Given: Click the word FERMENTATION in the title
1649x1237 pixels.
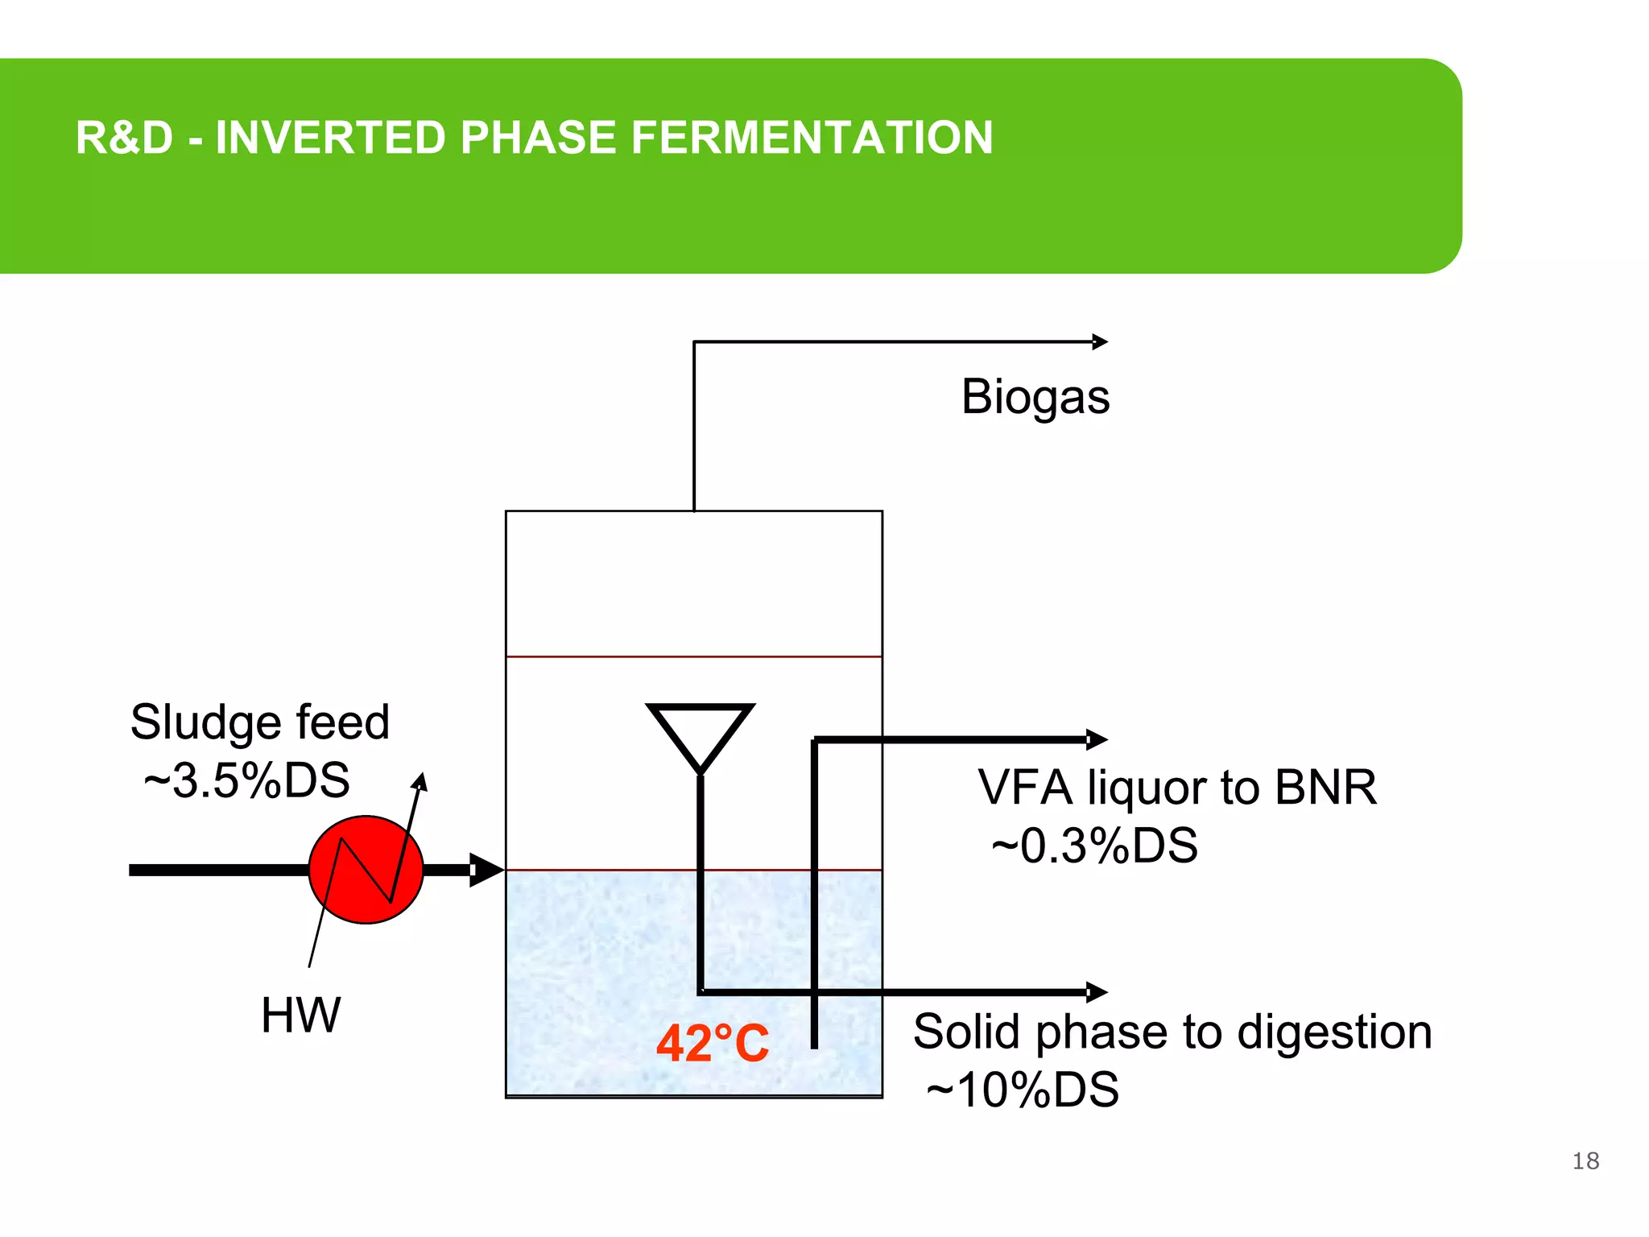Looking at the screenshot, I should pyautogui.click(x=812, y=138).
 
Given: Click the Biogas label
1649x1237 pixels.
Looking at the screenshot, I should pyautogui.click(x=1035, y=397).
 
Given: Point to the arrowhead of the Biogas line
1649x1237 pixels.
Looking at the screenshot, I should pyautogui.click(x=1101, y=342).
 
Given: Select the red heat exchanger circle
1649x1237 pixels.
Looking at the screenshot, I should pyautogui.click(x=366, y=870).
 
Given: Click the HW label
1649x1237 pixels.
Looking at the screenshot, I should pyautogui.click(x=300, y=1015).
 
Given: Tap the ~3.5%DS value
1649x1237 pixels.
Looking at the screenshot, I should pyautogui.click(x=246, y=780).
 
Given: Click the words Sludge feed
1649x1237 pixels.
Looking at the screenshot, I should pyautogui.click(x=259, y=722).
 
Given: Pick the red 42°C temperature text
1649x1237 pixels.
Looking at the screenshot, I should pyautogui.click(x=713, y=1044).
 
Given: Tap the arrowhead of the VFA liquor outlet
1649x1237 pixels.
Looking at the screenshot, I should pyautogui.click(x=1097, y=739).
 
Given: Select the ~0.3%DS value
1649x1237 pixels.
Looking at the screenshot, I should pyautogui.click(x=1094, y=846).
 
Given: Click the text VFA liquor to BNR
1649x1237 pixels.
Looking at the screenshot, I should pyautogui.click(x=1176, y=788).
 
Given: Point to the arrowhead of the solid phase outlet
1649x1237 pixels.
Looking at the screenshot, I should pyautogui.click(x=1097, y=992).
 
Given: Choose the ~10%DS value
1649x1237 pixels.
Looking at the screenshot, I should pyautogui.click(x=1023, y=1090).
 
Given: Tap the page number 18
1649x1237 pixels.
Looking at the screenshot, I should pyautogui.click(x=1585, y=1160).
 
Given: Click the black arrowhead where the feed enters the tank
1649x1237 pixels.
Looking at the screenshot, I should pyautogui.click(x=486, y=870).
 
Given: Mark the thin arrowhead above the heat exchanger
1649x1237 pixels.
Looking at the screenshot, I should pyautogui.click(x=420, y=780).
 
